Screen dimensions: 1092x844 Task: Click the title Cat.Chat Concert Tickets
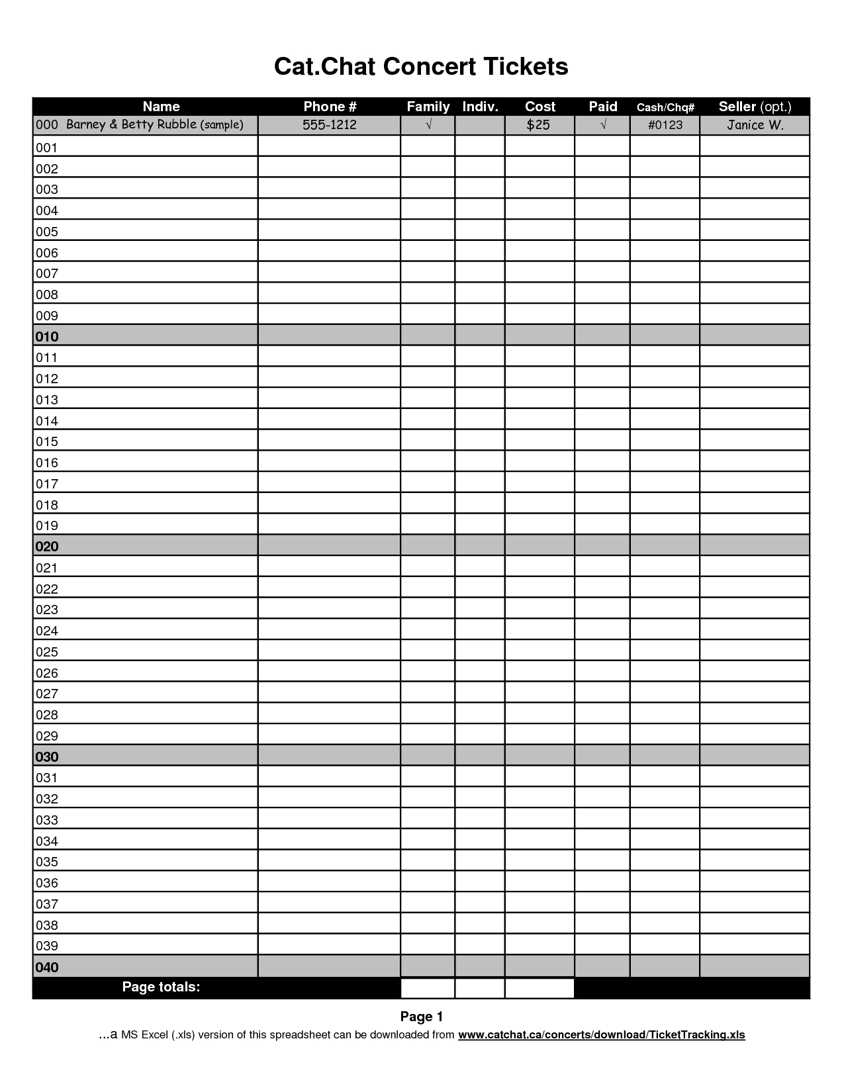pos(421,67)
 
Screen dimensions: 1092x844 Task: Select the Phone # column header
pos(330,107)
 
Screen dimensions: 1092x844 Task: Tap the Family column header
pos(428,107)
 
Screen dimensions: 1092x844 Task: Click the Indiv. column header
pos(480,107)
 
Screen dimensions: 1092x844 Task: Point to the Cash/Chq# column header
pos(665,107)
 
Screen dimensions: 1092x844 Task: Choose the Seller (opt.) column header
pos(755,107)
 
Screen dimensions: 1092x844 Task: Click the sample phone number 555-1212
pos(330,125)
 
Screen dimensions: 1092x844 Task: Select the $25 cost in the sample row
pos(538,125)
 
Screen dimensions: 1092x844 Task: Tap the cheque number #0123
pos(665,125)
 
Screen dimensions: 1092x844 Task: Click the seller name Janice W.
pos(755,125)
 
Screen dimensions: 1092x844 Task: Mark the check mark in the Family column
pos(428,125)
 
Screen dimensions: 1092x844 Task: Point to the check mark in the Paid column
pos(602,125)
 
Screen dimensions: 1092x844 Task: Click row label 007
pos(47,273)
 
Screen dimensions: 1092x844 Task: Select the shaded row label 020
pos(47,547)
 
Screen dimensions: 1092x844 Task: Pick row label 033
pos(47,820)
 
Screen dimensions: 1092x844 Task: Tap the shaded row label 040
pos(47,968)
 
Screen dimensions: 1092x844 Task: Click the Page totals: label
pos(161,987)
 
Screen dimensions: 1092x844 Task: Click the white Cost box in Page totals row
pos(539,988)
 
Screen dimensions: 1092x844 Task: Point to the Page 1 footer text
pos(421,1017)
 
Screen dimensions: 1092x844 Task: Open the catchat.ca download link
pos(601,1035)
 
